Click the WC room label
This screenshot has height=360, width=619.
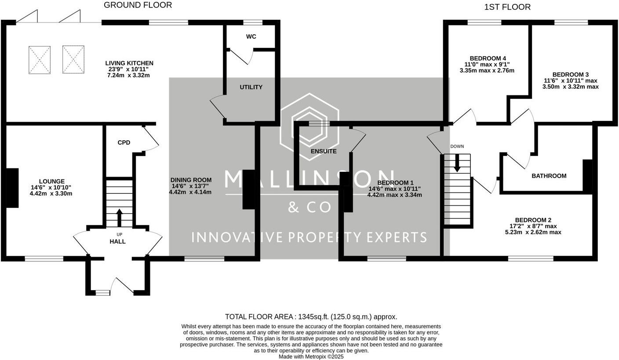pos(251,36)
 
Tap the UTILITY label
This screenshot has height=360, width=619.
pos(251,87)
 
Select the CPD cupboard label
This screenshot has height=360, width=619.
pos(124,142)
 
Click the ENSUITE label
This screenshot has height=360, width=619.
pos(324,151)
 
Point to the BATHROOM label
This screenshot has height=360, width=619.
pos(549,176)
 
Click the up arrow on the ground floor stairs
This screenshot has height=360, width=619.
pos(120,218)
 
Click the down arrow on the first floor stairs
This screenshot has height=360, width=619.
pos(457,163)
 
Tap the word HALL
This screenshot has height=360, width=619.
pos(117,242)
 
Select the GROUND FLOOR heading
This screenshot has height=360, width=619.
pos(138,5)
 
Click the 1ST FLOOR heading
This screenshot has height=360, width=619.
pos(507,7)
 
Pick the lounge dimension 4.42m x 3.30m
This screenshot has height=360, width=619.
pos(51,194)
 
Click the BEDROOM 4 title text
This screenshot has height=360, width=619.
pos(488,58)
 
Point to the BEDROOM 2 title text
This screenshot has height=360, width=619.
pos(533,220)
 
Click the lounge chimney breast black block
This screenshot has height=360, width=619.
pos(12,188)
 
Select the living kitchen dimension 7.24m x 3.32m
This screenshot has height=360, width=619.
pos(128,76)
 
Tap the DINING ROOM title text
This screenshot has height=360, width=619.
pos(191,180)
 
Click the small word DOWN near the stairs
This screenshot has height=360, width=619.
pos(457,146)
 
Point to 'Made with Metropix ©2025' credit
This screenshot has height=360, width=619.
pos(311,356)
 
